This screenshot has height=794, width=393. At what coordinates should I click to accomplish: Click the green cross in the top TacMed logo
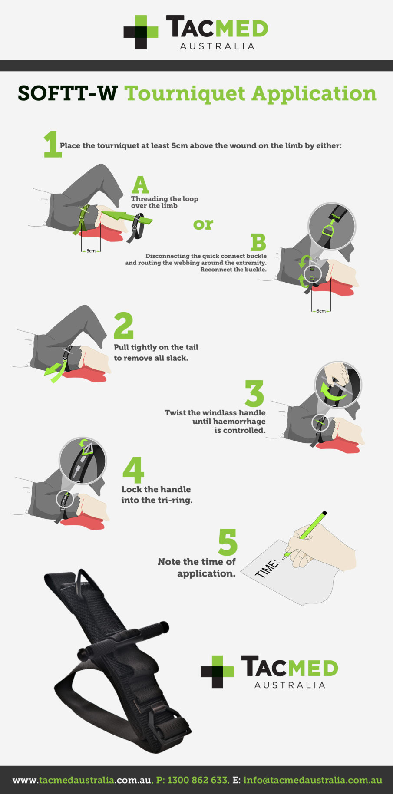click(x=141, y=32)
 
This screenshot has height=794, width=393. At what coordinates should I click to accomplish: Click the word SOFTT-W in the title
click(x=68, y=93)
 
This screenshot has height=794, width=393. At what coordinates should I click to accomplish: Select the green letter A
click(x=140, y=185)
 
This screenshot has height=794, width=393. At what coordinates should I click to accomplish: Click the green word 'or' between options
click(x=203, y=224)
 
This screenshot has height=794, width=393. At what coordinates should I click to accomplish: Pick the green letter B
click(x=258, y=243)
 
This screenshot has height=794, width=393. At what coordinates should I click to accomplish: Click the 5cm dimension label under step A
click(x=91, y=251)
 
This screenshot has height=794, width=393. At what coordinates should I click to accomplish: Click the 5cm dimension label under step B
click(x=321, y=311)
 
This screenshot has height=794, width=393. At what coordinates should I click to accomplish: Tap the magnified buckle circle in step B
click(x=332, y=226)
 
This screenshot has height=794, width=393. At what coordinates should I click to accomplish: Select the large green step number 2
click(x=123, y=326)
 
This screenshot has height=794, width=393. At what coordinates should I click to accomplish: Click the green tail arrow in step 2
click(x=56, y=372)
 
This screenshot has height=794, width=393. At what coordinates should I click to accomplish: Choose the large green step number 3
click(x=254, y=393)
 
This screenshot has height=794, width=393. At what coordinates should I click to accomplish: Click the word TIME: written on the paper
click(x=266, y=568)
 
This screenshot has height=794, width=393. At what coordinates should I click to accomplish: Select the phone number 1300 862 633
click(x=197, y=780)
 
